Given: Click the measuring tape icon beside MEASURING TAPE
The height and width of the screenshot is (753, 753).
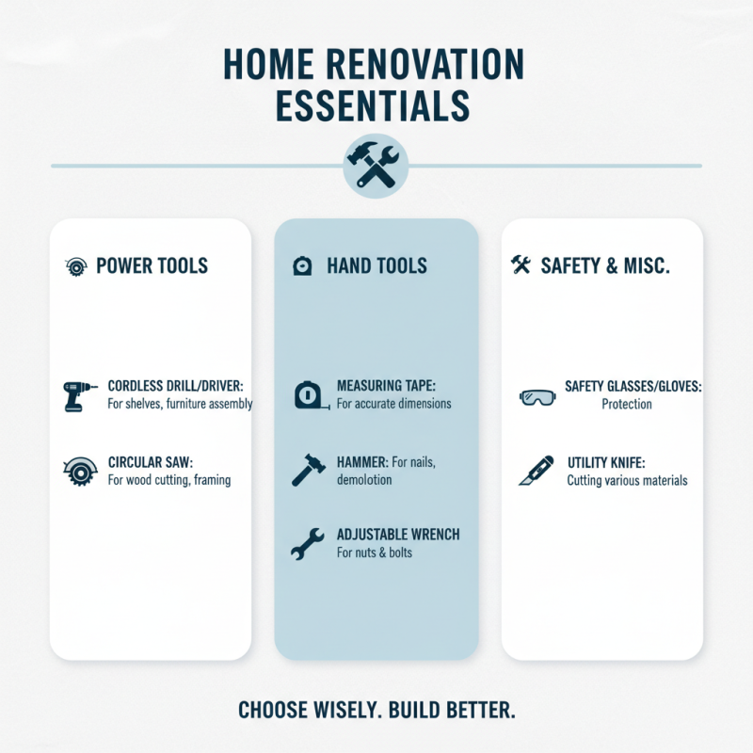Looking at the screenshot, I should pyautogui.click(x=308, y=395).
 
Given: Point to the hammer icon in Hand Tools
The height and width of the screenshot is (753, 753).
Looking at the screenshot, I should pyautogui.click(x=308, y=469).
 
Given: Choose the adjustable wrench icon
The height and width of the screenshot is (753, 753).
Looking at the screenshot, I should pyautogui.click(x=307, y=543).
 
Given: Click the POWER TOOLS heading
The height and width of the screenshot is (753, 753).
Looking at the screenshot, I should pyautogui.click(x=152, y=266).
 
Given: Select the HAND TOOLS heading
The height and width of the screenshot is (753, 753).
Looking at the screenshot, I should pyautogui.click(x=376, y=266).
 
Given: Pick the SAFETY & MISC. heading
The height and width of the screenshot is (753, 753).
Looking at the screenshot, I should pyautogui.click(x=605, y=266).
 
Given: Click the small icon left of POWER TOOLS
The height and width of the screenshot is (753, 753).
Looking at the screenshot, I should pyautogui.click(x=75, y=266).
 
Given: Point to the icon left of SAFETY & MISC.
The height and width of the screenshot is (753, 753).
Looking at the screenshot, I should pyautogui.click(x=521, y=265).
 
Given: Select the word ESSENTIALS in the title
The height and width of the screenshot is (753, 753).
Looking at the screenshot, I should pyautogui.click(x=373, y=105).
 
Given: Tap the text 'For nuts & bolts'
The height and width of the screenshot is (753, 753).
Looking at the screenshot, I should pyautogui.click(x=375, y=553).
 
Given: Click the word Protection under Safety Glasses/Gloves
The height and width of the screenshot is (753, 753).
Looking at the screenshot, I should pyautogui.click(x=627, y=404).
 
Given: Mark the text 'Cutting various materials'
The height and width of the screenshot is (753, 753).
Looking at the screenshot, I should pyautogui.click(x=627, y=480).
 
